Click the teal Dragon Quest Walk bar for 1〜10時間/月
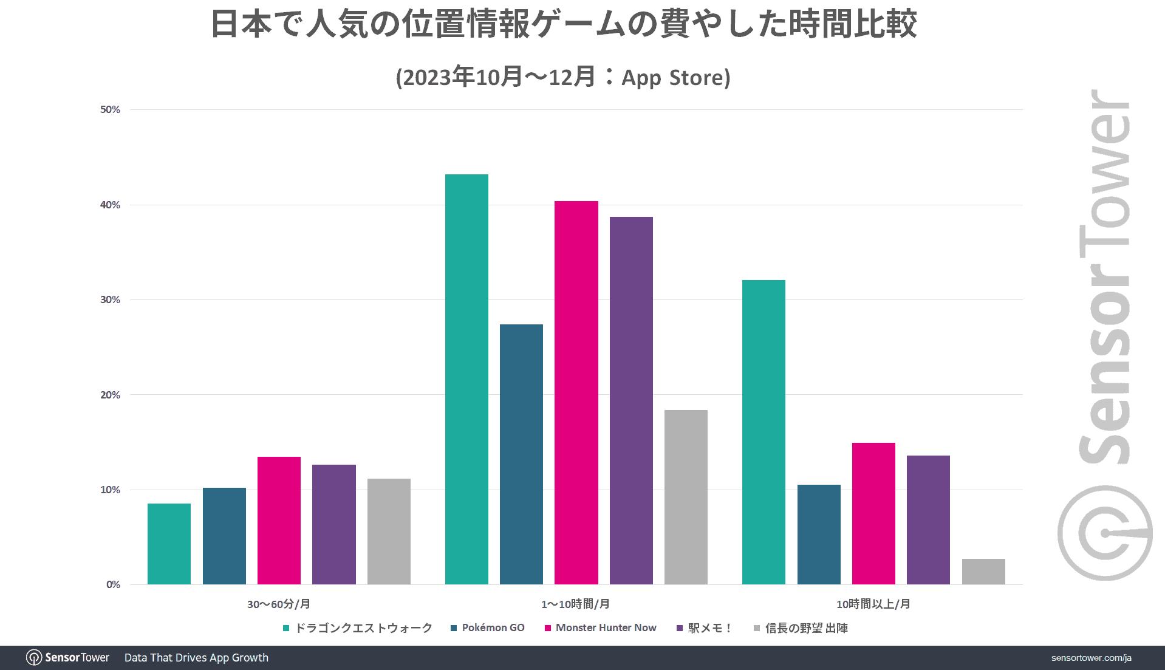(x=466, y=379)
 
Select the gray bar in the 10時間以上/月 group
(x=983, y=572)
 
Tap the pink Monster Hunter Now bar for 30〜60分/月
(x=279, y=521)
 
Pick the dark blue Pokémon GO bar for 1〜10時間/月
(x=521, y=454)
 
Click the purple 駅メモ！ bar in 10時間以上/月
(x=928, y=520)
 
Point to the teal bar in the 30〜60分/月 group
(x=169, y=544)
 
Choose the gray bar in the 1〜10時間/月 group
(x=686, y=497)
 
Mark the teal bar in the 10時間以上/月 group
(x=764, y=432)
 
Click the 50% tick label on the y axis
(x=110, y=109)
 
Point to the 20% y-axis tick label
(x=110, y=395)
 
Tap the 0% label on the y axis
(x=113, y=584)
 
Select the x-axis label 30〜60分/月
(x=278, y=604)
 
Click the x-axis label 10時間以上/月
(x=873, y=604)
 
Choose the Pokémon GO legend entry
(x=493, y=627)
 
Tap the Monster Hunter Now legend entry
(x=606, y=627)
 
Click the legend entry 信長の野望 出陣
(x=806, y=627)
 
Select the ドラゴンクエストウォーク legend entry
(x=363, y=627)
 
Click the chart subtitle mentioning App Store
(x=563, y=77)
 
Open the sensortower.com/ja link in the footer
(x=1091, y=658)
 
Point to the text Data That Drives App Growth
(x=196, y=658)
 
